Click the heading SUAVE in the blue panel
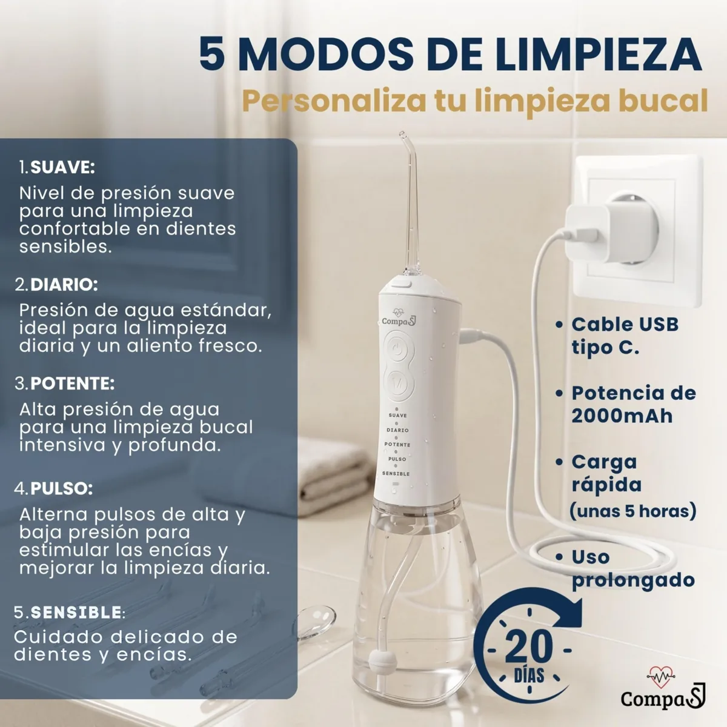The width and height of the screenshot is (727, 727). [x=62, y=167]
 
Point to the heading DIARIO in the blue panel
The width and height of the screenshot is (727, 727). [x=64, y=285]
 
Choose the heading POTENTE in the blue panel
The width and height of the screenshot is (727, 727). [x=73, y=383]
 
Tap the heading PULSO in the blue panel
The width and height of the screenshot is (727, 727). [x=62, y=488]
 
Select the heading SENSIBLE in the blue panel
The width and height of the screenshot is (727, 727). [x=76, y=612]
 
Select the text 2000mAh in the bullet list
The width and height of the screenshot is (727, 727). [x=622, y=416]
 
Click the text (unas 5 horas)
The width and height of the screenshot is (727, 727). [x=632, y=511]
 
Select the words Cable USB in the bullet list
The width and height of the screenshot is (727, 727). [x=625, y=325]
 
